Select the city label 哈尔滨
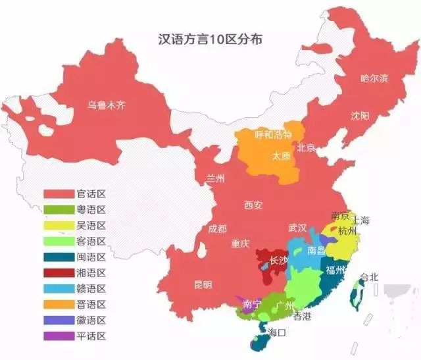[x=374, y=78]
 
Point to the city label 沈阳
[x=360, y=116]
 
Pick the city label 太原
[x=283, y=156]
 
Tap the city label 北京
[x=307, y=147]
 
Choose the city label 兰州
[x=216, y=178]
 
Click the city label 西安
[x=253, y=205]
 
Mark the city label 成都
[x=217, y=228]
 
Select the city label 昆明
[x=203, y=285]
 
